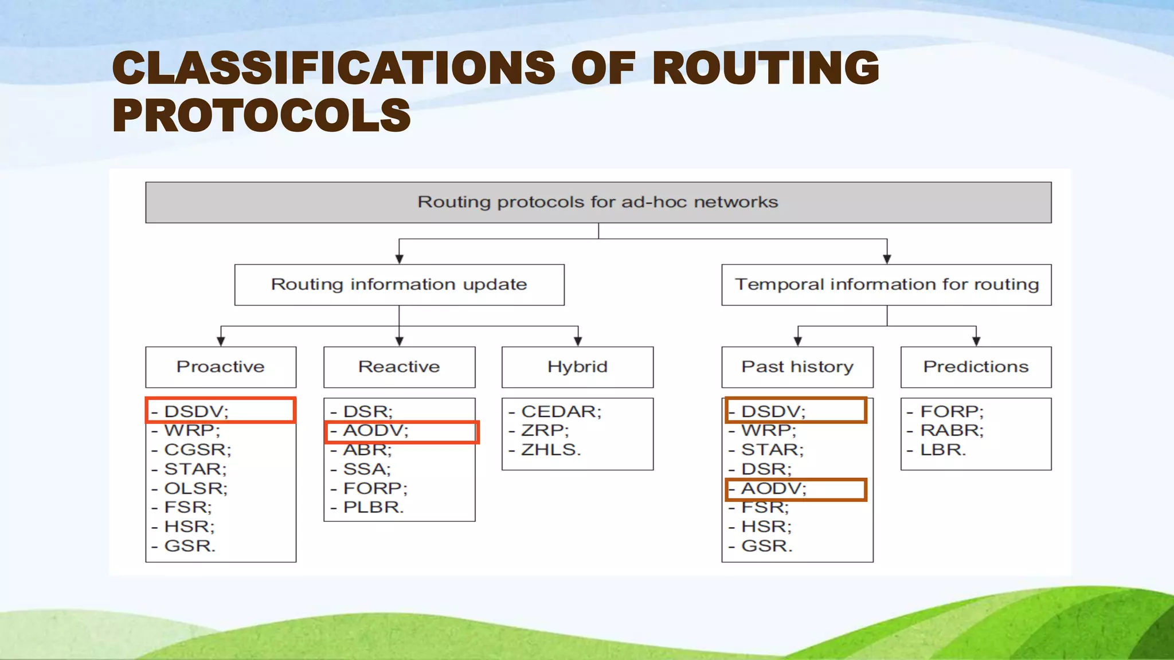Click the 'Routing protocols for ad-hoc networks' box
click(x=598, y=202)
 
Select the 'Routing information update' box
click(x=399, y=285)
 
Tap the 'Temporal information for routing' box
click(x=886, y=285)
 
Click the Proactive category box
click(x=221, y=367)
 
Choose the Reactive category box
click(x=399, y=367)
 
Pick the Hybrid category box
click(x=577, y=367)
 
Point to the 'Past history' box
click(x=797, y=367)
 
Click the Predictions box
click(x=976, y=367)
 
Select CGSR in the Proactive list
click(x=197, y=450)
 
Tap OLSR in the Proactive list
click(x=195, y=489)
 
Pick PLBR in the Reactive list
click(x=373, y=508)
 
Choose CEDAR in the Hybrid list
click(x=561, y=411)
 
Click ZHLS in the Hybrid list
click(x=550, y=450)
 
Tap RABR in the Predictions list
click(x=952, y=430)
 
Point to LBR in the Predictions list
click(x=943, y=450)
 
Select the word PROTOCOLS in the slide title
click(x=261, y=115)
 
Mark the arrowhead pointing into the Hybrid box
click(x=578, y=341)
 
